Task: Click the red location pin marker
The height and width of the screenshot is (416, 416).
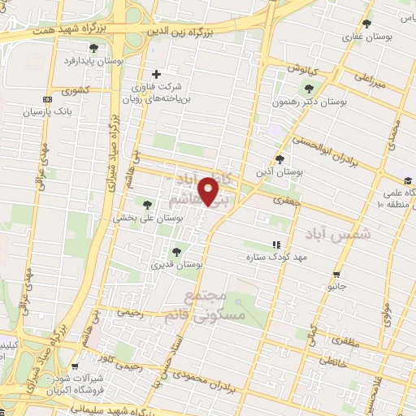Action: pyautogui.click(x=210, y=192)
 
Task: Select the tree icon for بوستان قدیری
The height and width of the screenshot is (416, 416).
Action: pyautogui.click(x=176, y=251)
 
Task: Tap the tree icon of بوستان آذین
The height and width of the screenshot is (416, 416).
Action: pyautogui.click(x=280, y=159)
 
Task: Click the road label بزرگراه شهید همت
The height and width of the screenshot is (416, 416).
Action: pyautogui.click(x=71, y=29)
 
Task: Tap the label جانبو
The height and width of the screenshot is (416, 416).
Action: pyautogui.click(x=336, y=286)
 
